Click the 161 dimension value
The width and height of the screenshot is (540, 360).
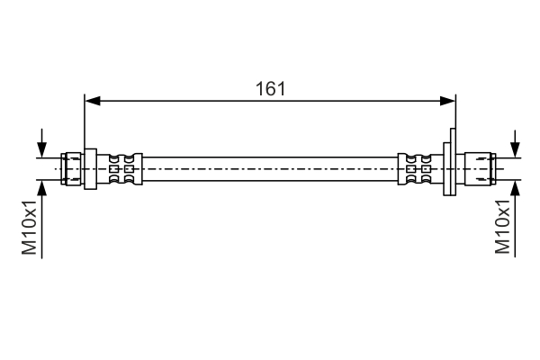click(270, 89)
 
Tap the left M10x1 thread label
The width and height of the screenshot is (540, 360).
click(30, 227)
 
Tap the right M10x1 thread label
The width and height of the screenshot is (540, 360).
click(502, 226)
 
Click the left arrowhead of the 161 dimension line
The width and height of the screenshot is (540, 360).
click(93, 101)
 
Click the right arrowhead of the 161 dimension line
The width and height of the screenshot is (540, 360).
click(447, 101)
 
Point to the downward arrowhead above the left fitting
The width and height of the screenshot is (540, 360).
click(41, 150)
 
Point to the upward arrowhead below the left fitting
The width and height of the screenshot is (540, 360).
click(41, 188)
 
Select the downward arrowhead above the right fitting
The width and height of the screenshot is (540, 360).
click(515, 150)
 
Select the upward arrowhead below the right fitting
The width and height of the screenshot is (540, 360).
click(515, 188)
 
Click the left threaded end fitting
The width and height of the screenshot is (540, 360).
click(71, 169)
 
